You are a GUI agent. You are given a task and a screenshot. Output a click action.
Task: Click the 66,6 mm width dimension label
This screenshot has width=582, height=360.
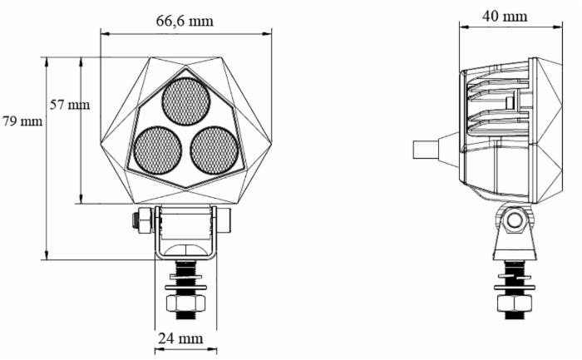[x=185, y=20]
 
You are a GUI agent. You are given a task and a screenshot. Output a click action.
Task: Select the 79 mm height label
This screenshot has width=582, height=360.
[x=22, y=121]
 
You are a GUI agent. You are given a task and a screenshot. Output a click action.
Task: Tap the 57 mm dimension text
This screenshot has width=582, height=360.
[x=69, y=105]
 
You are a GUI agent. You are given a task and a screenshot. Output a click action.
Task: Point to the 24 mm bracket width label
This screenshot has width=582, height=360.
[x=180, y=338]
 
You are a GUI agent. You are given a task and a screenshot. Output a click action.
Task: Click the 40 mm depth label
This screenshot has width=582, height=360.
[x=504, y=16]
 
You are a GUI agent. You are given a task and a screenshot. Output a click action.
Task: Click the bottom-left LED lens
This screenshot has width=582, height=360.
[x=158, y=150]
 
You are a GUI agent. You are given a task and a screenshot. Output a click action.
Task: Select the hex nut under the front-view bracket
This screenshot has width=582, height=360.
[x=185, y=303]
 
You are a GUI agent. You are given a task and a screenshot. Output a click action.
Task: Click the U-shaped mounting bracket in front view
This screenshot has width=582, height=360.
[x=185, y=233]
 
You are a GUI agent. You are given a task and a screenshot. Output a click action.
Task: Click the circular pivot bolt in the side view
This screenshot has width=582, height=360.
[x=515, y=220]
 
